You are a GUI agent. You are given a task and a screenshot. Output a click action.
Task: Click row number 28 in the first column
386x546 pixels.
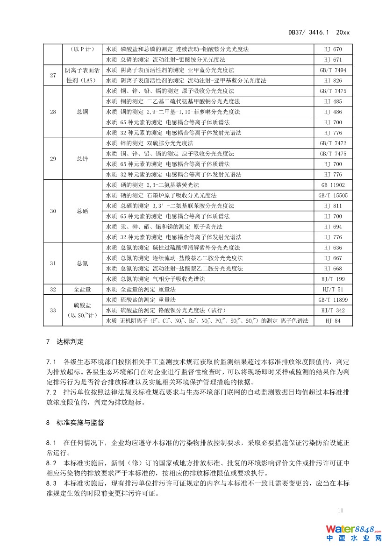tap(53, 112)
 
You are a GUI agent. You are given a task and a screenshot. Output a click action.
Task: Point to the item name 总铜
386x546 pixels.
tap(82, 112)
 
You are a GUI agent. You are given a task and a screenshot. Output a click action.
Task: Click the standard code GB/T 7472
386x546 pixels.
tap(333, 143)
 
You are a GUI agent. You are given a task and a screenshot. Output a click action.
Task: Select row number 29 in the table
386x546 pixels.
tap(53, 159)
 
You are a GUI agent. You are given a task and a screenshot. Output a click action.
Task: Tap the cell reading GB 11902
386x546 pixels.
tap(333, 185)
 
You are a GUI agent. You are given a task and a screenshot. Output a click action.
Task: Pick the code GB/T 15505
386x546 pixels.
tap(333, 195)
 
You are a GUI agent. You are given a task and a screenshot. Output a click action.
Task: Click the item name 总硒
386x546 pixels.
tap(82, 211)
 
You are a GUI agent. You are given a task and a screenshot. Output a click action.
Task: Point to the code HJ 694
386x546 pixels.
tap(333, 227)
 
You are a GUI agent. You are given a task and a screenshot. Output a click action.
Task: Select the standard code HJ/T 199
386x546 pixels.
tap(333, 279)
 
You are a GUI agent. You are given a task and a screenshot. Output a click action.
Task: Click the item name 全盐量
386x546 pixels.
tap(82, 290)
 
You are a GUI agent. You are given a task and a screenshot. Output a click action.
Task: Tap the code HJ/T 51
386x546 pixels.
tap(333, 290)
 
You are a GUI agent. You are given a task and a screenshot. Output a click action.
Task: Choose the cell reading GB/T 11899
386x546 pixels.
tap(333, 300)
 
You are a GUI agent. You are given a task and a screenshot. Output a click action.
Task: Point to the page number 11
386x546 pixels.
tap(340, 511)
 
